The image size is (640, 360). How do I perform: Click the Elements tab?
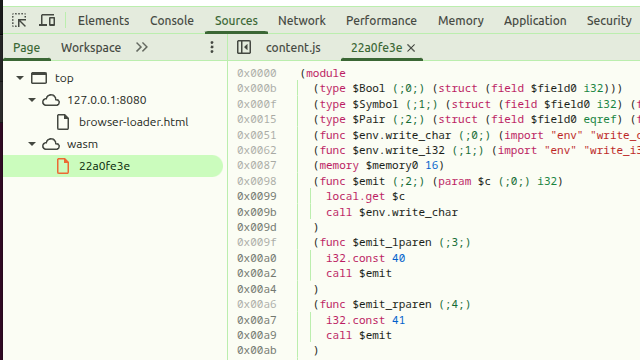(103, 20)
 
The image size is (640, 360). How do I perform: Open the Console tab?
(172, 20)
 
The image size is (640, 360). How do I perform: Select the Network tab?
(301, 20)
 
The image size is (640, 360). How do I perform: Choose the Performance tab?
(381, 20)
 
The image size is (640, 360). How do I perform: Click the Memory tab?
(460, 20)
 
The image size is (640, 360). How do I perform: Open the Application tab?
(535, 20)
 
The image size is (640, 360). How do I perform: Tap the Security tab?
(608, 20)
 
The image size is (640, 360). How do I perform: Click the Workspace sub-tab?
(91, 47)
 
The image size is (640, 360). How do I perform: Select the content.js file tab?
(293, 47)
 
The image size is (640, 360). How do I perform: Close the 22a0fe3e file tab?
(411, 47)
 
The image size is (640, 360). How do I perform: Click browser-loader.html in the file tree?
(133, 122)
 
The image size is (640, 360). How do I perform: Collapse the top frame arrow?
(19, 78)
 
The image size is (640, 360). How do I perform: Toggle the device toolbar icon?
(47, 20)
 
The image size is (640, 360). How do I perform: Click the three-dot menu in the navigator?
(211, 47)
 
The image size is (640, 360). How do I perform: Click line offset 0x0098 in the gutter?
(256, 181)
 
